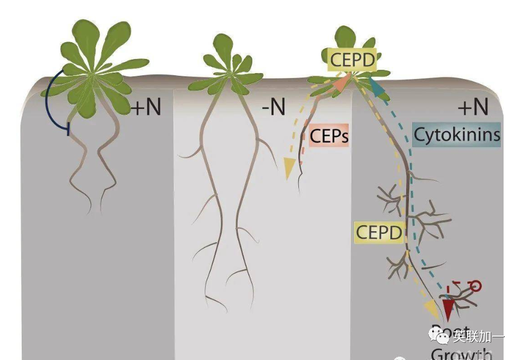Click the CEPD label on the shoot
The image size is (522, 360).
point(353,60)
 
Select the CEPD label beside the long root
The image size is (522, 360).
point(380,233)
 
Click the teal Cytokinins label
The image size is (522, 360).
point(456,134)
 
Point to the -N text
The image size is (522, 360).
point(273,107)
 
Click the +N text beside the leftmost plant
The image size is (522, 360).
point(146,107)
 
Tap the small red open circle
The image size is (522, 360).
point(476,285)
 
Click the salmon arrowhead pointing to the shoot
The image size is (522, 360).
point(341,82)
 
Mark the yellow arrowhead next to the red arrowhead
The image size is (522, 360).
point(432,310)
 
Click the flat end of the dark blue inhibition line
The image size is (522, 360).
point(68,129)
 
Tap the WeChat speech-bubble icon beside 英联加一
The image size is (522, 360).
point(440,336)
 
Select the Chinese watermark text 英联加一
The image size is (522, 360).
point(479,337)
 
